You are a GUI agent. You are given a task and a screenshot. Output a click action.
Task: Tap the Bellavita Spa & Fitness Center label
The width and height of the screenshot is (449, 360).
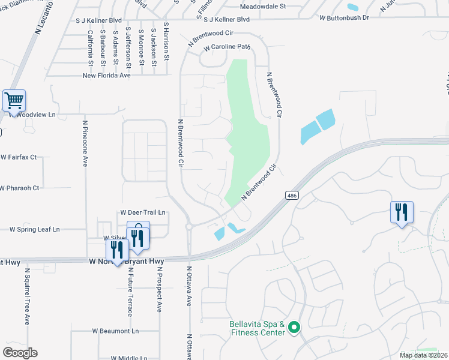coord(257,328)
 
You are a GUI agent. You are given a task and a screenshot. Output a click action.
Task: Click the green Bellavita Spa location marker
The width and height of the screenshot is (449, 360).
coord(294,328)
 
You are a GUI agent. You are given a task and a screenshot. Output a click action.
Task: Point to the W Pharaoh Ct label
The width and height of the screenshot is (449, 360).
coord(20,188)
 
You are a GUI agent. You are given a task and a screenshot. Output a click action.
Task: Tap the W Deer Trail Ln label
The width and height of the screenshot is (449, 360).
coord(143,212)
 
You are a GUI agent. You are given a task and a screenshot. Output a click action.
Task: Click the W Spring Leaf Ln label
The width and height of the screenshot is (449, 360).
coord(35,229)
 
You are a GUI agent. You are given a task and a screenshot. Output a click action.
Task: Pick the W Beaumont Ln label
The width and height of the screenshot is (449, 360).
coord(115,331)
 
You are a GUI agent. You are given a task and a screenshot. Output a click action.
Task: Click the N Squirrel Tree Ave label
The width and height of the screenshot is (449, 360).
coord(27,296)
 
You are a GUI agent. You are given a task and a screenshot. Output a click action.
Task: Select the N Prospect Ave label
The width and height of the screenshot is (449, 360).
coord(160,290)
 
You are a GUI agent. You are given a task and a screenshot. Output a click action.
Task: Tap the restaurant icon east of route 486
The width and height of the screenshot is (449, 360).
coord(402,212)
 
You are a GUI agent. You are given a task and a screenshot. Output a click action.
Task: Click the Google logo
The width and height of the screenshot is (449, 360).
coord(20,353)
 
